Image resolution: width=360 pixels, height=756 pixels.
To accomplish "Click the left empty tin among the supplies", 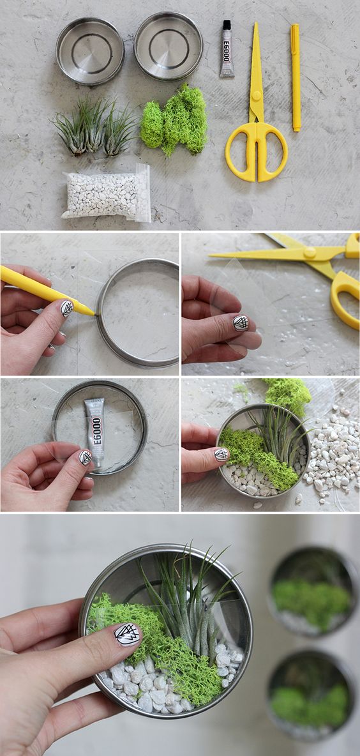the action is (90, 50).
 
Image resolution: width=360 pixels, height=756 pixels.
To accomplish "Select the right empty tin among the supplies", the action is (169, 45).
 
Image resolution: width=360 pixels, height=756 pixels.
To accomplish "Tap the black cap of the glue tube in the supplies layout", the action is (227, 25).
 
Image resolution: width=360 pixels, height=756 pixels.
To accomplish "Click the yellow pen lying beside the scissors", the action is (296, 77).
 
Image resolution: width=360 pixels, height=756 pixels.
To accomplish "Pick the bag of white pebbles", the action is (107, 193).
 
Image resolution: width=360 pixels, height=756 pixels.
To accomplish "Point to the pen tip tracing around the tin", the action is (93, 314).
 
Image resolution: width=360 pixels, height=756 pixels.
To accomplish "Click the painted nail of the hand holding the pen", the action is (67, 308).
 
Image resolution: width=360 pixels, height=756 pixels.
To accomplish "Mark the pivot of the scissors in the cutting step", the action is (310, 252).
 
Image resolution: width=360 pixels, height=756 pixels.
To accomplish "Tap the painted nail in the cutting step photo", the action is (241, 322).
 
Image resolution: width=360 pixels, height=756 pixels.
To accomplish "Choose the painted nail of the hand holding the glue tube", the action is (86, 457).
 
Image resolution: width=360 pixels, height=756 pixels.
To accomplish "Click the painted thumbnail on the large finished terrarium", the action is (128, 635).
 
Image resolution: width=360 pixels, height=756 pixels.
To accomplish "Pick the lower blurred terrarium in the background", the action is (311, 693).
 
